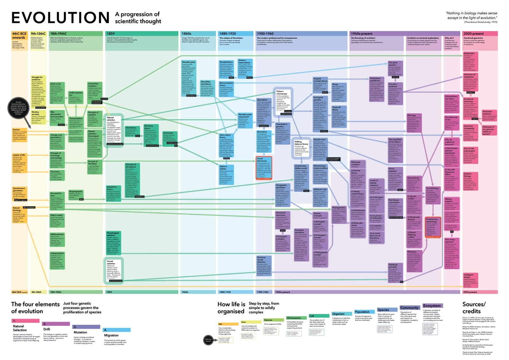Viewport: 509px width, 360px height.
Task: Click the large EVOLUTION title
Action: click(60, 18)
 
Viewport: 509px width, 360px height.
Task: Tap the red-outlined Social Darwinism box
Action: click(264, 168)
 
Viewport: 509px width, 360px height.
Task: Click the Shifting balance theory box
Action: click(301, 148)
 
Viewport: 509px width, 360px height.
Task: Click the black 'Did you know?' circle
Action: click(208, 340)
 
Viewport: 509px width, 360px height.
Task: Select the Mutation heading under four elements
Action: click(80, 332)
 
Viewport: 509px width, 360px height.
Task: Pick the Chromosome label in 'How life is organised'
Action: click(294, 318)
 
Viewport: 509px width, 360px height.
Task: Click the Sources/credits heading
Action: click(474, 307)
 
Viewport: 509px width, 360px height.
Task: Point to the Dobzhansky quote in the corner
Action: click(471, 18)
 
